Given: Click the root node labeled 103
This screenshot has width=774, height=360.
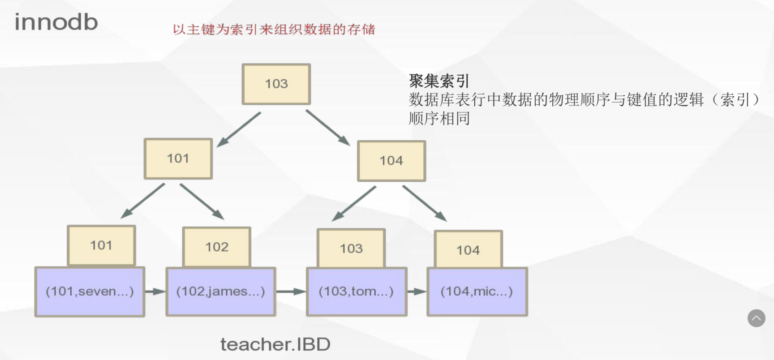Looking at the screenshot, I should (x=276, y=84).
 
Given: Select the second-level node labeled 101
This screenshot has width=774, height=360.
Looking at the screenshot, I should (x=178, y=159).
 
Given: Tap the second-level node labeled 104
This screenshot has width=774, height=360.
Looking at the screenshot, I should (x=391, y=161).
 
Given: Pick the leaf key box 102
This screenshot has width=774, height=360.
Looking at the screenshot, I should (x=217, y=247).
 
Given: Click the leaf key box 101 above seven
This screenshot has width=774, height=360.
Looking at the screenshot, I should (x=101, y=245).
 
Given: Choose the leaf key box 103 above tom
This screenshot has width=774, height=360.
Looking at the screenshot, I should (x=351, y=249).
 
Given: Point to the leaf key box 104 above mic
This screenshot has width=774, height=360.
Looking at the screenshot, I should (x=468, y=250).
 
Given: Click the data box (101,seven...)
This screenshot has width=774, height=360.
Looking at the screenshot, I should (x=90, y=291).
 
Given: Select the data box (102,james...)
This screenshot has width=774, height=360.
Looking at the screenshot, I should (x=221, y=291).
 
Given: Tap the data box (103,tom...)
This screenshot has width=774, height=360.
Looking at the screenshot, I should (x=357, y=291).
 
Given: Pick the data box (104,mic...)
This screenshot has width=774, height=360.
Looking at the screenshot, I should (x=477, y=291).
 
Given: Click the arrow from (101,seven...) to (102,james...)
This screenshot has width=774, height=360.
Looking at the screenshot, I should (x=155, y=291).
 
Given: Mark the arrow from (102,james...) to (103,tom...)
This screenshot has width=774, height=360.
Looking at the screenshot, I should (x=291, y=291).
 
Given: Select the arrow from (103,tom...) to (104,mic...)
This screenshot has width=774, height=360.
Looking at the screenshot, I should (x=417, y=291).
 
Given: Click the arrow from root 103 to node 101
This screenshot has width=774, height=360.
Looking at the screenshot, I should (x=239, y=129).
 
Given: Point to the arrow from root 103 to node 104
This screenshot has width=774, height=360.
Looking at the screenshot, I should (x=328, y=128).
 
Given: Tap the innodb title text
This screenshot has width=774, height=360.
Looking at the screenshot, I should (x=56, y=22).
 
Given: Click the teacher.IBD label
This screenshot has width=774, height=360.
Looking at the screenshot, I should (x=275, y=344).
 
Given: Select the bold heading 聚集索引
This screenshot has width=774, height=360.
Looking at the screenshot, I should (x=439, y=81).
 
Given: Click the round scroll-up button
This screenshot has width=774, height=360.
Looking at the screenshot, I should (x=756, y=318).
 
